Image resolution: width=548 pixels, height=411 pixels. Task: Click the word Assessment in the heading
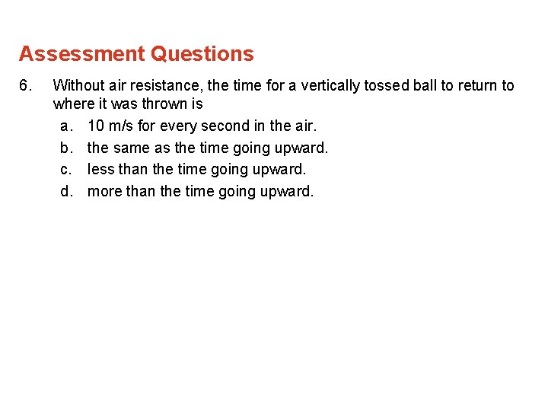(81, 54)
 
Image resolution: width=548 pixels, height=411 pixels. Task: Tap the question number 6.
(26, 85)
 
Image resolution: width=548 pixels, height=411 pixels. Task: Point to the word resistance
(164, 85)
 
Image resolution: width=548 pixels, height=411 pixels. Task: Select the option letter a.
(65, 125)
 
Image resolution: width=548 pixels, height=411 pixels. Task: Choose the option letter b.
(65, 147)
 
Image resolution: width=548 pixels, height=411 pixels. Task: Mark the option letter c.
(65, 169)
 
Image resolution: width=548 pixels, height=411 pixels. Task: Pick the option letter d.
(65, 191)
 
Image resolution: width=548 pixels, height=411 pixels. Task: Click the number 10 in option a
(96, 125)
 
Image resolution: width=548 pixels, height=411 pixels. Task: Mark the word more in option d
(104, 191)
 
